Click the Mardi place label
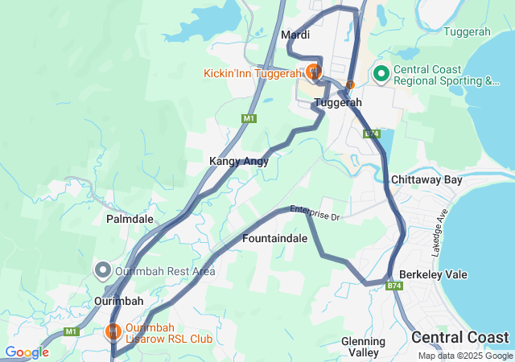click(x=295, y=35)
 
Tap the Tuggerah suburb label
click(x=338, y=103)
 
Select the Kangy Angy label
click(x=238, y=161)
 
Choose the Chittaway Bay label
click(x=426, y=179)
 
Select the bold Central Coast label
click(x=459, y=337)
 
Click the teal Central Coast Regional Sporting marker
click(x=381, y=75)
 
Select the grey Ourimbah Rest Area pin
click(x=102, y=269)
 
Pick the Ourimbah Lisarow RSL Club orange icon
click(x=113, y=331)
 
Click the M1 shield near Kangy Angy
click(x=249, y=119)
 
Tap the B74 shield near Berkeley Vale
click(x=393, y=286)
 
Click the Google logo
click(x=27, y=352)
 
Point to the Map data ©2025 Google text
click(x=464, y=356)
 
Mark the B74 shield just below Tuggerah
click(x=371, y=134)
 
